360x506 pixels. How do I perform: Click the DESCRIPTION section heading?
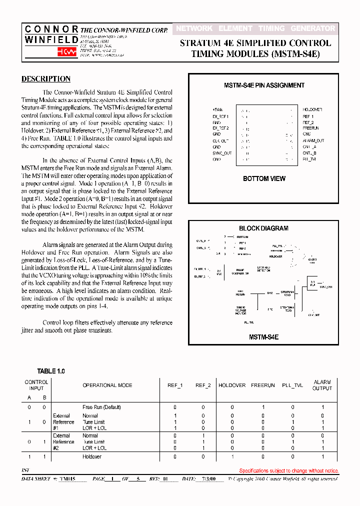[46, 79]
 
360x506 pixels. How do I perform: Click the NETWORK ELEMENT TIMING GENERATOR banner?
[255, 29]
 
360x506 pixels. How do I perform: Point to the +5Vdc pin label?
[217, 109]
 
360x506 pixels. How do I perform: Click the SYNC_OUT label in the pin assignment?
[222, 153]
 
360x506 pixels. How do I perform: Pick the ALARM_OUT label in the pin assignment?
[313, 140]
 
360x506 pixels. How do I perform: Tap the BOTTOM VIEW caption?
[264, 178]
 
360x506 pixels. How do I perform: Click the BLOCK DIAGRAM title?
[263, 228]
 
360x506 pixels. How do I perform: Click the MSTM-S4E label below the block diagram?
[263, 337]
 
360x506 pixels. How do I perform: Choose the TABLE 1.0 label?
[51, 371]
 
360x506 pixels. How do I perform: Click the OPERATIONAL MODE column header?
[107, 385]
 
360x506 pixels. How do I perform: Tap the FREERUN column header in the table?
[263, 385]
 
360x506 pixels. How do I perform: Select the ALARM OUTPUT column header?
[322, 385]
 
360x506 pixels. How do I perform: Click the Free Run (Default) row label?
[101, 407]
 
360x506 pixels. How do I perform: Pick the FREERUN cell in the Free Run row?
[263, 407]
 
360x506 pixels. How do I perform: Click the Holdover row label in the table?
[92, 456]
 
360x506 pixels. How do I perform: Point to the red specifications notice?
[288, 470]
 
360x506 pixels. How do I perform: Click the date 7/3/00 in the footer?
[208, 479]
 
